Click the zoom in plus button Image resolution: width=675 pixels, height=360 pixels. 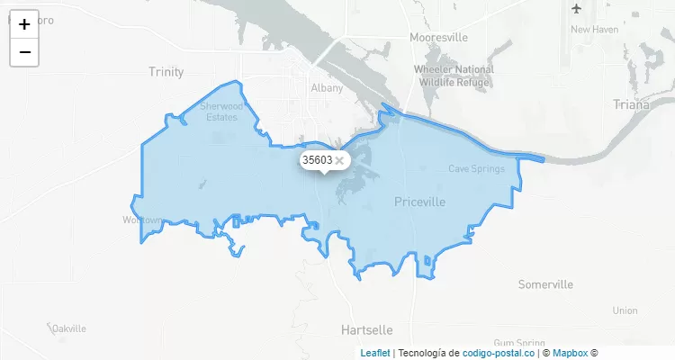24,24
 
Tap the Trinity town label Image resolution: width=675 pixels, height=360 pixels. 166,72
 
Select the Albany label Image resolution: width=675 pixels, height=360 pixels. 327,88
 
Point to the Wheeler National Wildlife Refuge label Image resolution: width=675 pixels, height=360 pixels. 454,76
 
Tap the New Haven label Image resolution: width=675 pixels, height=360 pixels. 594,30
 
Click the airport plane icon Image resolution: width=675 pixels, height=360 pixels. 577,9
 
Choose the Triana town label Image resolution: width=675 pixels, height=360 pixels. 630,104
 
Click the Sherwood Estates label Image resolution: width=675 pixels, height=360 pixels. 220,112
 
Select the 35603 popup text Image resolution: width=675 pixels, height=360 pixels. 317,160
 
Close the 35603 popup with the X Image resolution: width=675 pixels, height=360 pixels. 339,160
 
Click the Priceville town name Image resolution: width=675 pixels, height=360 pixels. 419,202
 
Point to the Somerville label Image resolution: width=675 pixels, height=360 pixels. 545,284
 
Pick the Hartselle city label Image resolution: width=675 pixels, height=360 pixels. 368,329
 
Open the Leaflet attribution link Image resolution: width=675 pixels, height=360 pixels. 375,353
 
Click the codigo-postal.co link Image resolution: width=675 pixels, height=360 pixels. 499,353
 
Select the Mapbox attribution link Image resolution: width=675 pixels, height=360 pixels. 570,353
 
